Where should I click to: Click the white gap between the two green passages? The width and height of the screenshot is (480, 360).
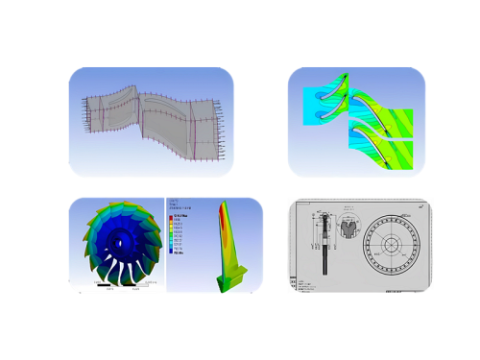pos(384,133)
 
